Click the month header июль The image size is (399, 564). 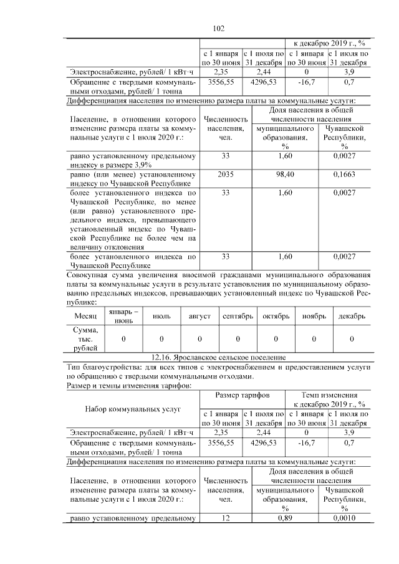pos(161,316)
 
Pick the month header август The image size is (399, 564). pos(199,316)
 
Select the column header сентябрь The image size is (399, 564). pos(238,316)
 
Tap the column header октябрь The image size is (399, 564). pos(276,316)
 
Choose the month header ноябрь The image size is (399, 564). pos(314,316)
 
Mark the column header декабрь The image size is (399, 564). pos(352,316)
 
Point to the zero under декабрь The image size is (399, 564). pos(352,338)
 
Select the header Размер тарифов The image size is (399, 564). pos(243,395)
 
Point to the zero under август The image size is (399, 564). pos(199,338)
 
